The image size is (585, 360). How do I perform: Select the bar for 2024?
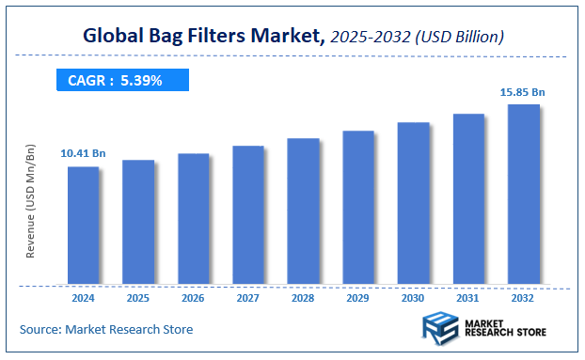[84, 225]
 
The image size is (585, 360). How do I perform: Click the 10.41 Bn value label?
[84, 151]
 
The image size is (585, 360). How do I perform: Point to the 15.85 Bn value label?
[524, 92]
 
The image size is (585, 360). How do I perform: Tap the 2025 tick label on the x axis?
[138, 298]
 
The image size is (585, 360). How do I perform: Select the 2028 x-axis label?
[303, 298]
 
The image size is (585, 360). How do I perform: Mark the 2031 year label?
[468, 298]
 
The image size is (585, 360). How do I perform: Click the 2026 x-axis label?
[193, 298]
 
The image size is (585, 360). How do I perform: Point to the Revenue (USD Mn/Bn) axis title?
[30, 202]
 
